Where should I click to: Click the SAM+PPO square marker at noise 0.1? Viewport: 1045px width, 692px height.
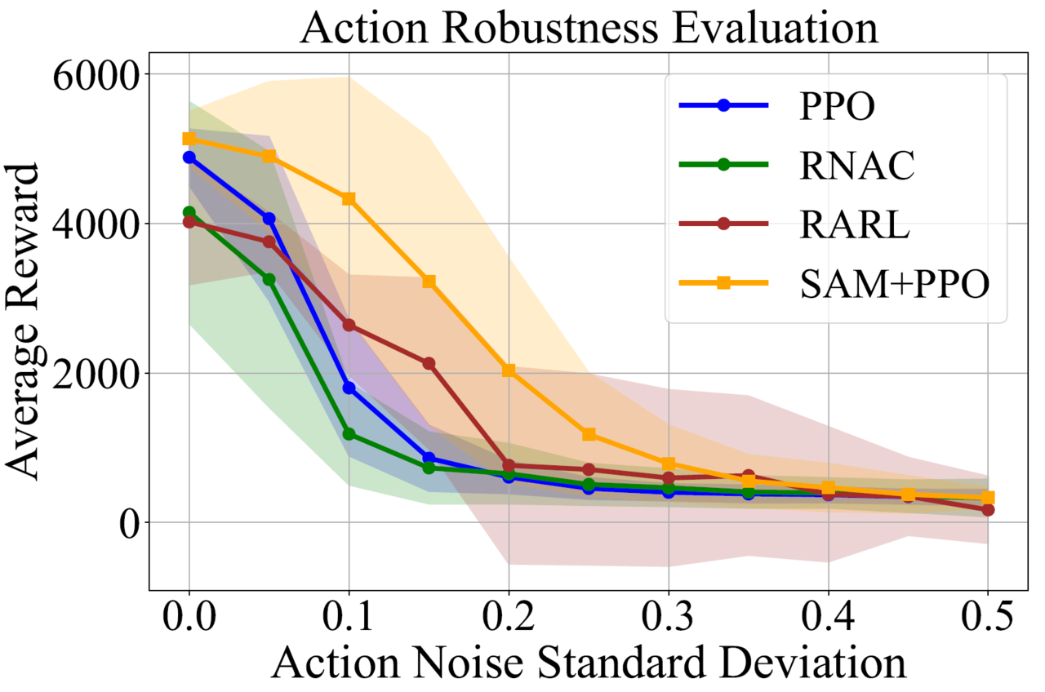[349, 198]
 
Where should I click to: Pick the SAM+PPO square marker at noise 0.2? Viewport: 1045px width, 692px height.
[509, 370]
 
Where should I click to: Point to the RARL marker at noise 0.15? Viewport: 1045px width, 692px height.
[429, 363]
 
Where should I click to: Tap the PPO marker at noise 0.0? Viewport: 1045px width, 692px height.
[189, 157]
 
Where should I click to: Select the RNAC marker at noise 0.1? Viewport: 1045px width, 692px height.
[349, 433]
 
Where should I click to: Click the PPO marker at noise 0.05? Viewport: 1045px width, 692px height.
[269, 218]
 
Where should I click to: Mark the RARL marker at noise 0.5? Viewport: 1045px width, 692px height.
[988, 509]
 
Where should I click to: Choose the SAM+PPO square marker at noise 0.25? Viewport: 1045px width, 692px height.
[589, 434]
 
